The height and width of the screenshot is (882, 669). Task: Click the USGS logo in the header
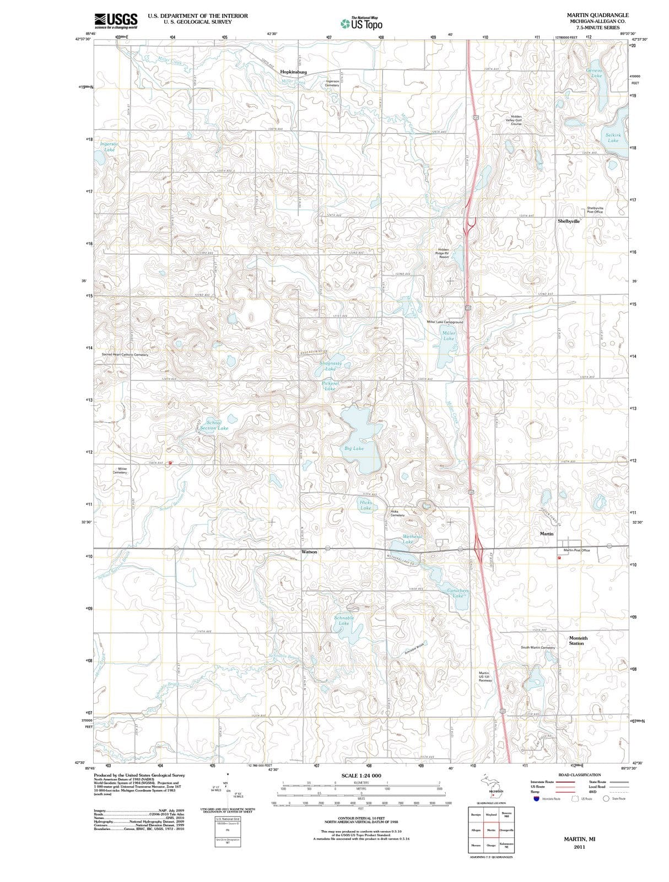pos(116,20)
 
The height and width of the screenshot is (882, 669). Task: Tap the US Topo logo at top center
pos(362,23)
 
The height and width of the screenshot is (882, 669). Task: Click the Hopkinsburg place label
pos(293,72)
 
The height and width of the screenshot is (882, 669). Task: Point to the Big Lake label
pos(354,448)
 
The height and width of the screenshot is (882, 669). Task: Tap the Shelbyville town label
pos(568,220)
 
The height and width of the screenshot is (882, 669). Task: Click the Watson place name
pos(309,551)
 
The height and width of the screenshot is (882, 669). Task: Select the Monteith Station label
pos(578,641)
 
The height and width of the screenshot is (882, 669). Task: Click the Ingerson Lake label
pos(109,147)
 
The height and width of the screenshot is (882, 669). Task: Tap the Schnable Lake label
pos(344,621)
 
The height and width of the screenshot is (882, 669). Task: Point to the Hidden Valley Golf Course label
pos(516,120)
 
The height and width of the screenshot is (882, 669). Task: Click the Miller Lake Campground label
pos(445,322)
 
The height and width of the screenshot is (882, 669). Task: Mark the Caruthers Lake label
pos(457,593)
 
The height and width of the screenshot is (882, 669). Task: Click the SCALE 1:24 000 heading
pos(362,776)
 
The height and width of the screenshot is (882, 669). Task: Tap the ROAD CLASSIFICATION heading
pos(579,775)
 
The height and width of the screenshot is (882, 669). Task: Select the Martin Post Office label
pos(576,550)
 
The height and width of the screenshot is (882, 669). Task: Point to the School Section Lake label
pos(213,425)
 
